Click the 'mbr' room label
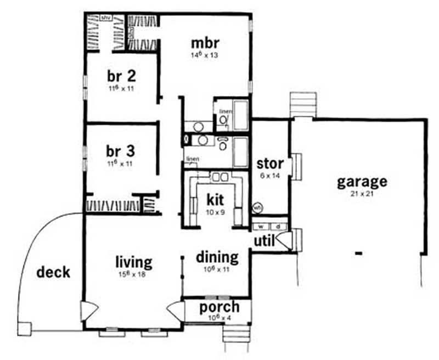tap(201, 43)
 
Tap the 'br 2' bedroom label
tap(121, 76)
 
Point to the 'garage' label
tap(362, 182)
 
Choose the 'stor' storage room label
tap(270, 164)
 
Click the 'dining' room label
tap(217, 257)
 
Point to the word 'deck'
tap(54, 272)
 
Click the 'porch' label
tap(219, 307)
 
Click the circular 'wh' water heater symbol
tap(257, 208)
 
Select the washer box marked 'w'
tap(262, 226)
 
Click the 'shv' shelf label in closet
tap(106, 18)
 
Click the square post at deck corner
tap(24, 328)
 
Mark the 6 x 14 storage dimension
tap(270, 176)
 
